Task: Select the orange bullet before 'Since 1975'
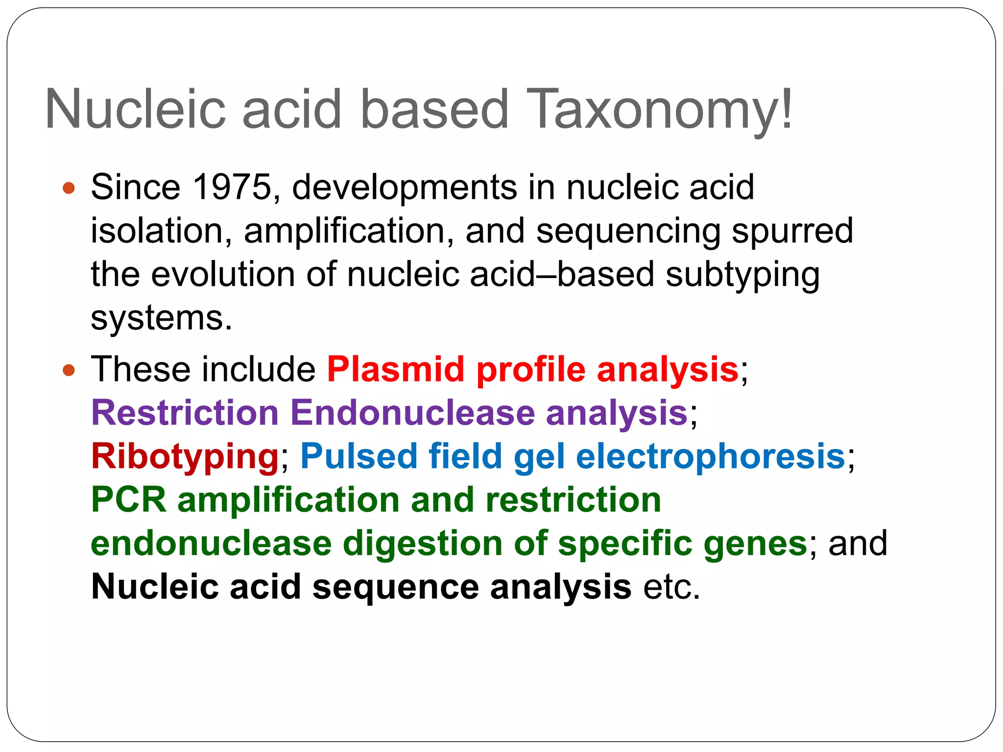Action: (69, 188)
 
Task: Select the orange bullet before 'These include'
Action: (69, 371)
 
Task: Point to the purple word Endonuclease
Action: (412, 413)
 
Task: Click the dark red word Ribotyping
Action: (185, 457)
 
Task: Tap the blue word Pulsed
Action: (358, 456)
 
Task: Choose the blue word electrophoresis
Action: (711, 456)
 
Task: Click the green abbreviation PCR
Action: (129, 500)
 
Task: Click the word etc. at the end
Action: (671, 587)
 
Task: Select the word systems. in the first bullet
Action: (162, 318)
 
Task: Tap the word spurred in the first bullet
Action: (792, 231)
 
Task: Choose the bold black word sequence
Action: (396, 587)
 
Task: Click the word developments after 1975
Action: (405, 188)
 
